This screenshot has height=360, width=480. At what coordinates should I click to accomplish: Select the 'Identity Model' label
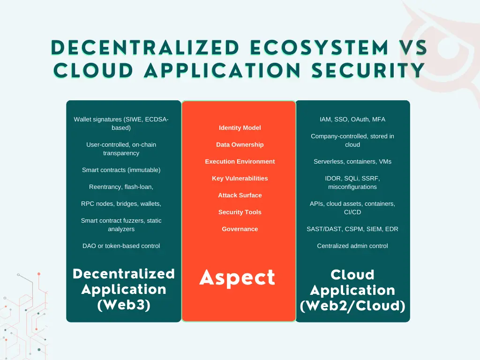240,128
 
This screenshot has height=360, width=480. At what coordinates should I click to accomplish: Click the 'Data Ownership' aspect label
240,145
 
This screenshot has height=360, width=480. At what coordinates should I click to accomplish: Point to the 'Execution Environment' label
240,162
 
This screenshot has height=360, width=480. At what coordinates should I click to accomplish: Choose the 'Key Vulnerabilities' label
240,179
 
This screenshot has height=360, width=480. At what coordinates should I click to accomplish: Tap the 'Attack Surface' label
240,195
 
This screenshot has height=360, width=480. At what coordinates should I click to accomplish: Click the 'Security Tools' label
240,212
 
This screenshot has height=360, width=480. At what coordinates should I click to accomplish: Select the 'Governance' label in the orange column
240,229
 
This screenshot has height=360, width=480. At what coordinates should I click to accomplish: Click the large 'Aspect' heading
237,278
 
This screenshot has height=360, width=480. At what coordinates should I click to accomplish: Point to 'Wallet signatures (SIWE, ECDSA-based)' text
121,124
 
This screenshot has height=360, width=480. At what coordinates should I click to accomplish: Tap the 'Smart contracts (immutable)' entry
121,170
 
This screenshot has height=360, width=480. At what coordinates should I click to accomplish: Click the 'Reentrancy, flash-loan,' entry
121,187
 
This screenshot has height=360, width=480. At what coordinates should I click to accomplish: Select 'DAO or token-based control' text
121,246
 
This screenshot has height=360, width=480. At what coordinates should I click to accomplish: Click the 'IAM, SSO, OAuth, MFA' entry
352,120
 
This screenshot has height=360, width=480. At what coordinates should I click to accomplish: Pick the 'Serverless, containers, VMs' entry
352,162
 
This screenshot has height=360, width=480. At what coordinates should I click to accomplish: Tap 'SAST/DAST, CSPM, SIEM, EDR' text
352,229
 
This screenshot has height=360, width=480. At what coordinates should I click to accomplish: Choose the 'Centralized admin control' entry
352,246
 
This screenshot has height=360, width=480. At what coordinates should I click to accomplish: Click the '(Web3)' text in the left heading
124,305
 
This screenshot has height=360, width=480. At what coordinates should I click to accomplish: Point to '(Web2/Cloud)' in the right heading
352,306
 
